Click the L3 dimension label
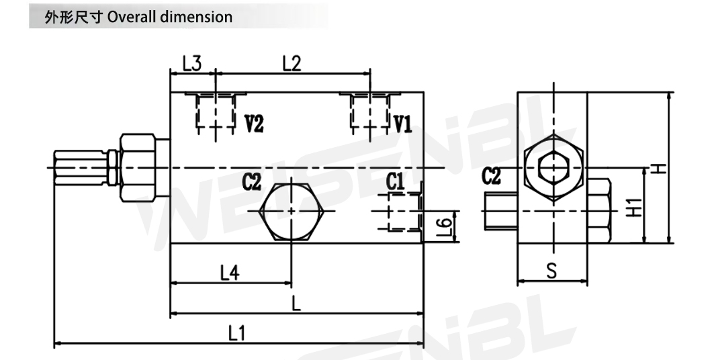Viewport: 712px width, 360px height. [x=191, y=64]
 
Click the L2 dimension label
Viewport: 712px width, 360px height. [x=292, y=64]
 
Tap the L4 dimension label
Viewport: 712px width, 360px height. [x=230, y=273]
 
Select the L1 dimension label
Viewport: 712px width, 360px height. [x=236, y=334]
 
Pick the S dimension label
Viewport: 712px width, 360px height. [x=551, y=271]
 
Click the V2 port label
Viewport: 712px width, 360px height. [x=254, y=124]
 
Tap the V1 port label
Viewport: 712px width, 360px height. [x=402, y=124]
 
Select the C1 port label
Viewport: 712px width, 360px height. [x=394, y=181]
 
